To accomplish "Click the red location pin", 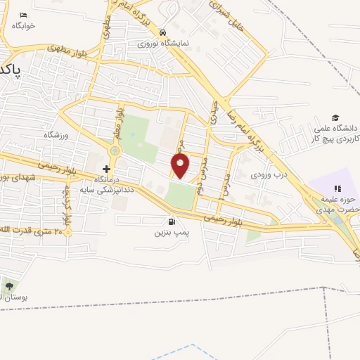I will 181,167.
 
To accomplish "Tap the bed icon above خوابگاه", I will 23,15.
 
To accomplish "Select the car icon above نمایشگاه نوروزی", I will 162,32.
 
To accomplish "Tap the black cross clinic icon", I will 106,169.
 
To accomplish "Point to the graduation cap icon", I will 336,117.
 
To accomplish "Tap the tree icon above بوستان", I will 8,286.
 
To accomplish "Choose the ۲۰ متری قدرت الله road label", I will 37,232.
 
